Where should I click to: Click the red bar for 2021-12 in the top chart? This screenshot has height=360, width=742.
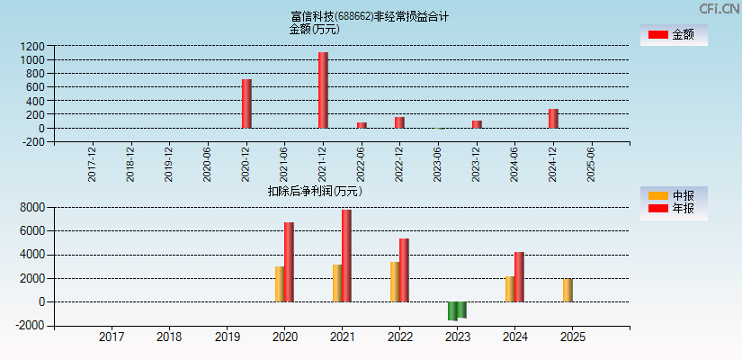pyautogui.click(x=323, y=90)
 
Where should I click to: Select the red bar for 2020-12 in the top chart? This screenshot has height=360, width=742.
pyautogui.click(x=246, y=103)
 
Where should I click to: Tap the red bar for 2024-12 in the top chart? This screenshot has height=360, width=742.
pyautogui.click(x=553, y=119)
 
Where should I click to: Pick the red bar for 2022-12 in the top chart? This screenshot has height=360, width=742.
pyautogui.click(x=399, y=122)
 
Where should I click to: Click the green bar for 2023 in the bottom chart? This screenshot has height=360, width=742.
pyautogui.click(x=457, y=310)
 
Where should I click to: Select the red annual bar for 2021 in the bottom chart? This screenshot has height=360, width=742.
pyautogui.click(x=346, y=256)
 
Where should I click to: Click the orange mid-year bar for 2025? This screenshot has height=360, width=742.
pyautogui.click(x=568, y=290)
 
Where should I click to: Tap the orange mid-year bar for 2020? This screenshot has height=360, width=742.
pyautogui.click(x=280, y=283)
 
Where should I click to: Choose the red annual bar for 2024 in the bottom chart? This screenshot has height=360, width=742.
pyautogui.click(x=519, y=276)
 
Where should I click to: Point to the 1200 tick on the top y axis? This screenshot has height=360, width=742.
pyautogui.click(x=31, y=46)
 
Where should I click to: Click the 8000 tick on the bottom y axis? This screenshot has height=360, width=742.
pyautogui.click(x=31, y=207)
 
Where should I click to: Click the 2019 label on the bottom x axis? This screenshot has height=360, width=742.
pyautogui.click(x=227, y=337)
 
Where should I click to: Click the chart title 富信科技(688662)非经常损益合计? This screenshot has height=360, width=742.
pyautogui.click(x=370, y=16)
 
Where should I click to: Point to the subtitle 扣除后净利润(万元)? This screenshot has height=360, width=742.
pyautogui.click(x=315, y=191)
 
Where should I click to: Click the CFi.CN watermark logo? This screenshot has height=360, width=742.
pyautogui.click(x=720, y=9)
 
